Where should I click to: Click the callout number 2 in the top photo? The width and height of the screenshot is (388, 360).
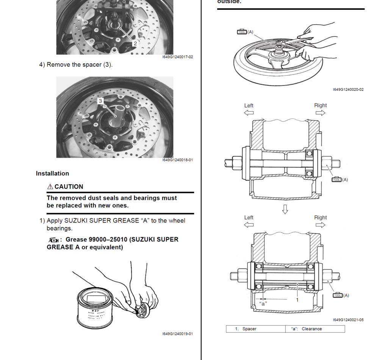(135, 43)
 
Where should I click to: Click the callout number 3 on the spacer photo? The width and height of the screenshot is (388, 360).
(100, 101)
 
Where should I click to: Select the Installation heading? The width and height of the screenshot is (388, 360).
(52, 173)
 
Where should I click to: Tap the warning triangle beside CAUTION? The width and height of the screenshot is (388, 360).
(50, 187)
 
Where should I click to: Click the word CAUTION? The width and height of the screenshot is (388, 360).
(69, 187)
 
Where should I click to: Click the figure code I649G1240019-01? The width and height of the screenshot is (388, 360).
(177, 334)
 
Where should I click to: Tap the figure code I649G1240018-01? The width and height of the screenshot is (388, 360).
(177, 160)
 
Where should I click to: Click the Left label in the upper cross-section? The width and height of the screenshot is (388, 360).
(249, 106)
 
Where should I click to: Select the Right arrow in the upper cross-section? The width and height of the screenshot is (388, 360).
(320, 113)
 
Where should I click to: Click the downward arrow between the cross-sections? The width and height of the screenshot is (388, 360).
(285, 209)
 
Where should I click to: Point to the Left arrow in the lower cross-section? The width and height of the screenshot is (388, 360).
(249, 225)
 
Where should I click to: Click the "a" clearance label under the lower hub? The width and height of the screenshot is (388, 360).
(263, 303)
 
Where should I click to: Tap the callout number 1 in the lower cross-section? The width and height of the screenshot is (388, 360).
(297, 300)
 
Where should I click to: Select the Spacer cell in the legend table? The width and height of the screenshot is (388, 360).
(249, 329)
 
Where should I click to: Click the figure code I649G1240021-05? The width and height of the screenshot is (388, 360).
(348, 320)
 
